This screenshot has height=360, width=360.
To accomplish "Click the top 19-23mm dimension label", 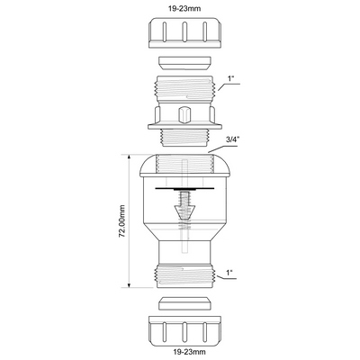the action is (185, 8).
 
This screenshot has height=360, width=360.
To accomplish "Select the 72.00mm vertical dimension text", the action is (121, 221).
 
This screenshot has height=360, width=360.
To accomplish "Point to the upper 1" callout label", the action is (231, 79).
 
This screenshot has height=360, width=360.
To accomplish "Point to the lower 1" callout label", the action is (229, 273).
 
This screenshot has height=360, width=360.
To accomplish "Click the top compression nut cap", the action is (185, 33).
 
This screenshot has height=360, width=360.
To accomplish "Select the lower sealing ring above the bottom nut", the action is (184, 303).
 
